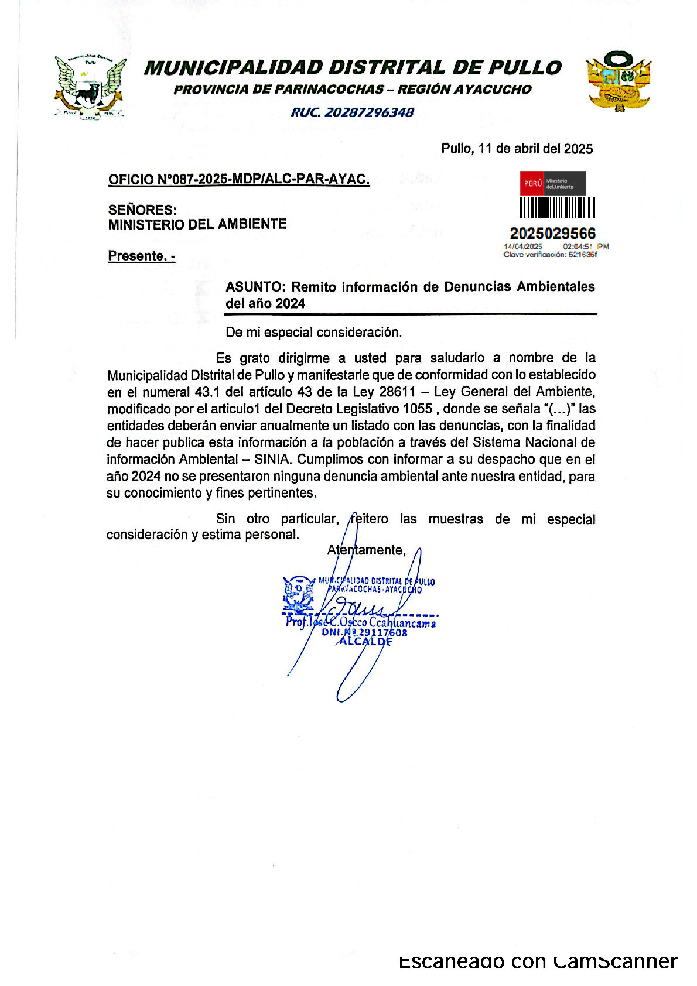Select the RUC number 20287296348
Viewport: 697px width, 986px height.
(369, 112)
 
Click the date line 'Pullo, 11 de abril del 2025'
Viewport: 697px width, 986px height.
(517, 149)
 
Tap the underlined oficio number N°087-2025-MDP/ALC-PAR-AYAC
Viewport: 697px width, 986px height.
(239, 179)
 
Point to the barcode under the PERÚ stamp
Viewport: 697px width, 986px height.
(556, 208)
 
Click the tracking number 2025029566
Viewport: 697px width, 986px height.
(552, 233)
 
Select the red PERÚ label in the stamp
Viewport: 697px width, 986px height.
(532, 183)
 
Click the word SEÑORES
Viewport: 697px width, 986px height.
(142, 210)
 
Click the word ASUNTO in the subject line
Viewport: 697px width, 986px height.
(255, 287)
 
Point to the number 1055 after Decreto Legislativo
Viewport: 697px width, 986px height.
(418, 409)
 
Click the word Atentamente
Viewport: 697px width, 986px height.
(366, 550)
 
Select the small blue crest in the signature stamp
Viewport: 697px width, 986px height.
(299, 593)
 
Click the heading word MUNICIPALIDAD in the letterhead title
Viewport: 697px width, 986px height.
(233, 68)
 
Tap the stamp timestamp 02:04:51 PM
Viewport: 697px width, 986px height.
(586, 246)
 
